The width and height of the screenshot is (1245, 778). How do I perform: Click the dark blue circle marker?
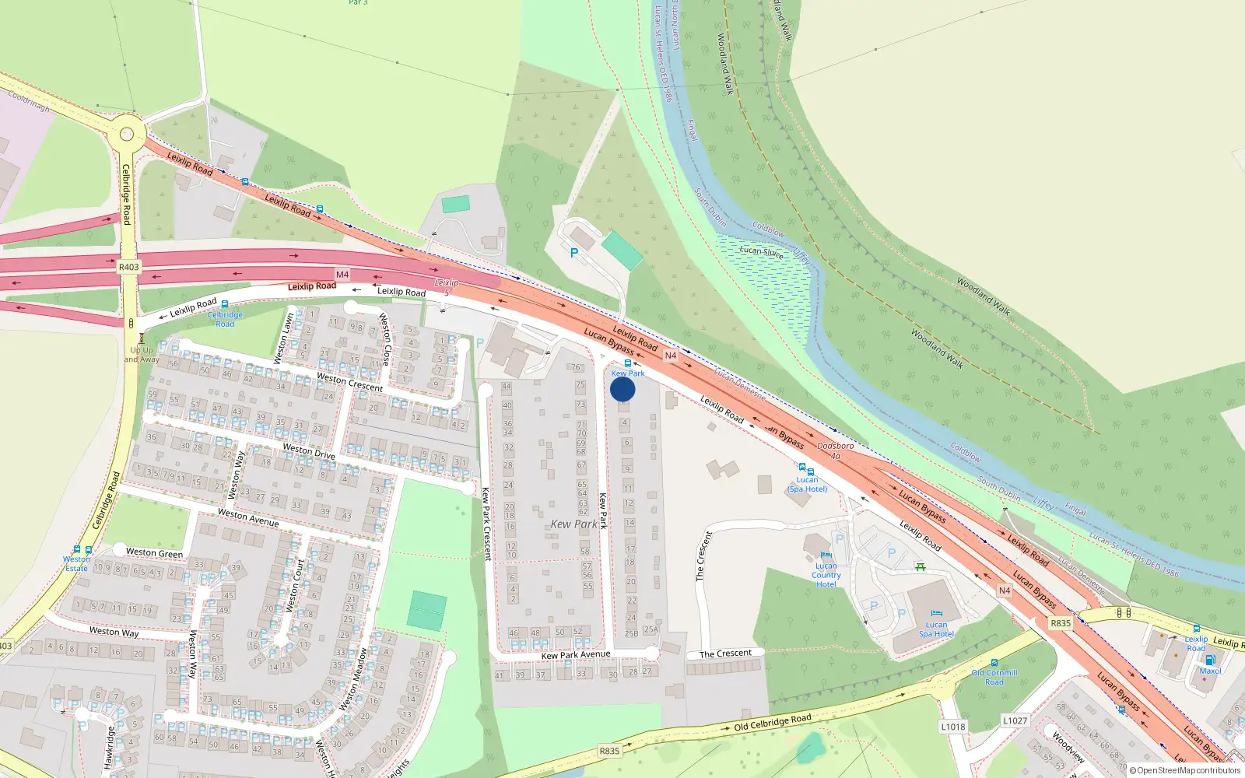point(622,389)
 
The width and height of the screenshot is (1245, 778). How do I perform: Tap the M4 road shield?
point(342,275)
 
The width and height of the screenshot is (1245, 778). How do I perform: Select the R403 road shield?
point(128,267)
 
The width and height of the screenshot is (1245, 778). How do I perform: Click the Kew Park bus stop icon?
point(628,363)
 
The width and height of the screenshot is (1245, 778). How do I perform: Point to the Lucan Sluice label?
point(761,251)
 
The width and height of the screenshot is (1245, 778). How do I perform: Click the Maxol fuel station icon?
point(1210,660)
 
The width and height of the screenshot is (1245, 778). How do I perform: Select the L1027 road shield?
point(1015,720)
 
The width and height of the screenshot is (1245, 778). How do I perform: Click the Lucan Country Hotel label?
point(826,575)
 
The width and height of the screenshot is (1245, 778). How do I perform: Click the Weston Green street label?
point(154,552)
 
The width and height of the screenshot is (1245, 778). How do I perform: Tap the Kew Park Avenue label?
point(576,655)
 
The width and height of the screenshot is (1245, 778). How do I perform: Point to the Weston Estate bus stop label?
point(76,563)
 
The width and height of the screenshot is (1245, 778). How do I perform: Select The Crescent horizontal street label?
point(725,654)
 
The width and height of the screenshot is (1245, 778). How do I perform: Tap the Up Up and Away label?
point(142,355)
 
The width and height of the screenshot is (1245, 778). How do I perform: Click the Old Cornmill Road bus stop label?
point(994,677)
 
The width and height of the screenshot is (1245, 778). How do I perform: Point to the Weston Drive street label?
point(308,451)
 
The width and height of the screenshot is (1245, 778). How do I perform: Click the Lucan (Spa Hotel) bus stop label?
point(807,484)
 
